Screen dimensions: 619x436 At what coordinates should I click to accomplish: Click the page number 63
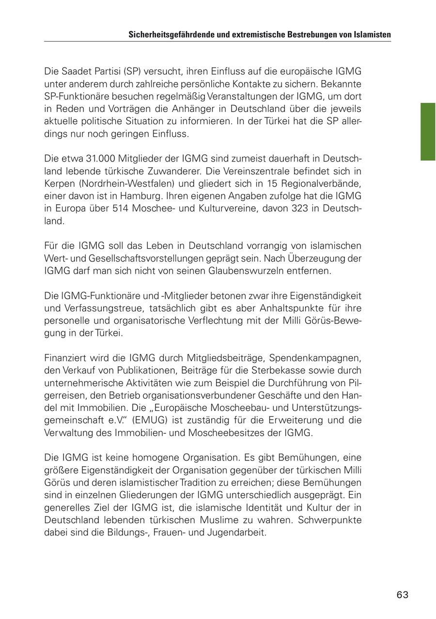click(402, 595)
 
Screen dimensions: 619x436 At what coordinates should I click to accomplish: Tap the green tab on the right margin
click(428, 131)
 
